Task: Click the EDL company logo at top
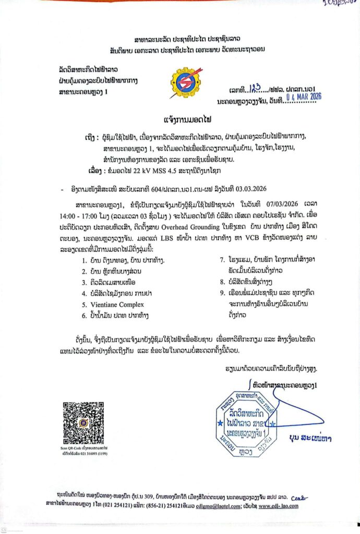point(185,82)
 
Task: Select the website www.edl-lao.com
point(279,505)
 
